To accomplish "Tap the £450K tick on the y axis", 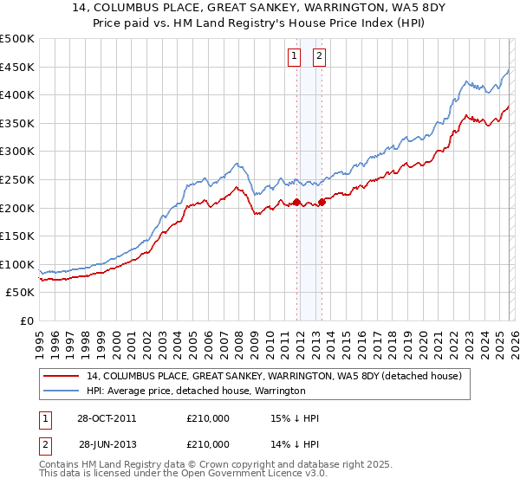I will click(x=17, y=67).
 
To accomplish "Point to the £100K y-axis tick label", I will click(x=17, y=264).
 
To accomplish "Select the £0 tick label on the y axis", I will click(x=27, y=320).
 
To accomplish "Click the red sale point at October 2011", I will click(x=296, y=203).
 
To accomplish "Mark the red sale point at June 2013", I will click(x=322, y=203).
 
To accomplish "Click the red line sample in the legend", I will click(x=61, y=377).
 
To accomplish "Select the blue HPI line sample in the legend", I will click(x=61, y=391).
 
